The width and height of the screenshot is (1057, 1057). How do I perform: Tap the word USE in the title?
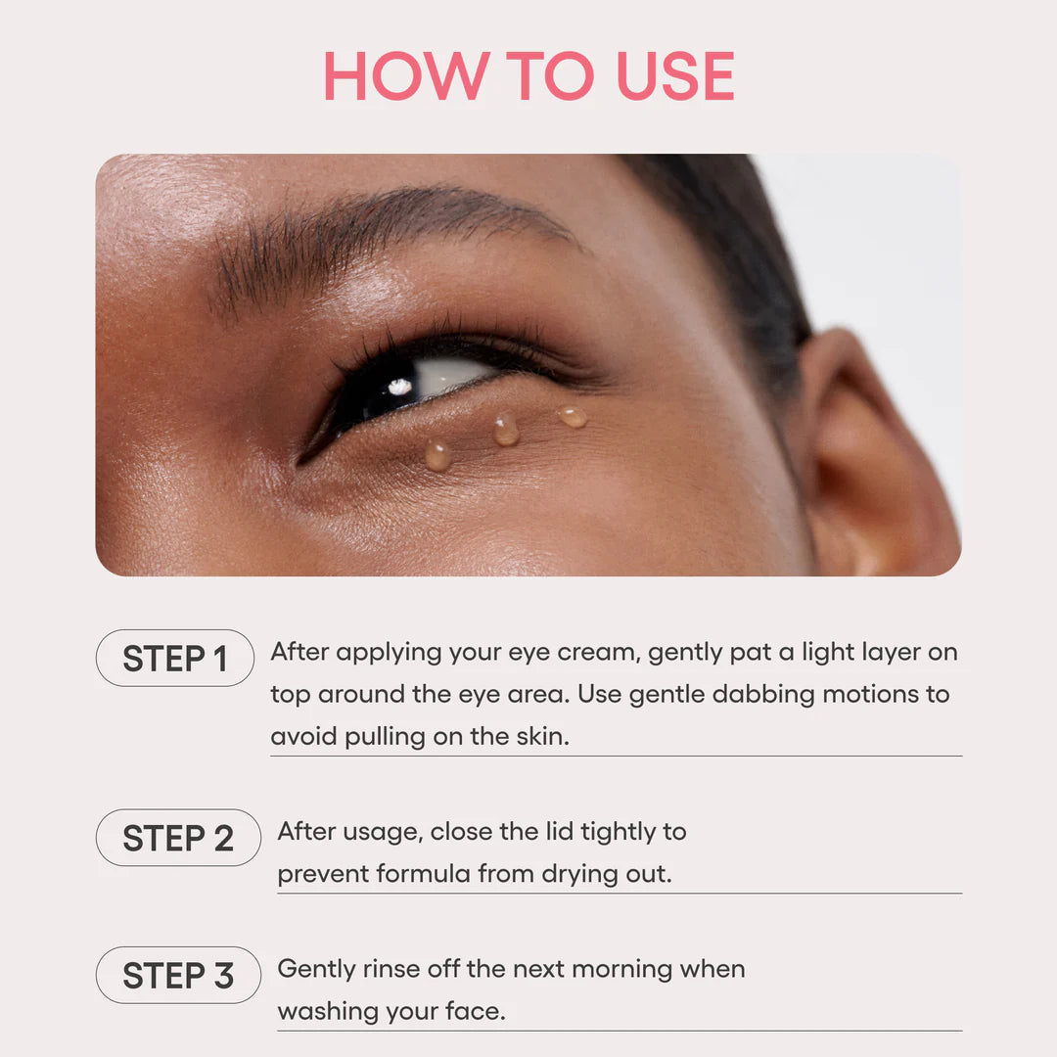pyautogui.click(x=674, y=76)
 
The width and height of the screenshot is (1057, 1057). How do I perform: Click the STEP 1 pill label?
pyautogui.click(x=174, y=659)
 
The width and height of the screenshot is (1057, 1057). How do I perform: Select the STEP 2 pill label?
pyautogui.click(x=178, y=838)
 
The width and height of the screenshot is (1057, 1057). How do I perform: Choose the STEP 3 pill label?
pyautogui.click(x=178, y=975)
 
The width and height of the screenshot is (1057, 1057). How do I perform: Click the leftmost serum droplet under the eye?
pyautogui.click(x=437, y=455)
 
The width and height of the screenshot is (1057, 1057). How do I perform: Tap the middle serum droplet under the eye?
pyautogui.click(x=506, y=430)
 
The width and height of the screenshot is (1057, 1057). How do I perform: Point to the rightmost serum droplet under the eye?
pyautogui.click(x=574, y=417)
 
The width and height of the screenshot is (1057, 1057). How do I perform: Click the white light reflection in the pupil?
pyautogui.click(x=399, y=387)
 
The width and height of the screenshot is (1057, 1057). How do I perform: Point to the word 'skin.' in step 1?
pyautogui.click(x=542, y=736)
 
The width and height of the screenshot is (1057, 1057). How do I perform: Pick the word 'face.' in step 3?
pyautogui.click(x=474, y=1011)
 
